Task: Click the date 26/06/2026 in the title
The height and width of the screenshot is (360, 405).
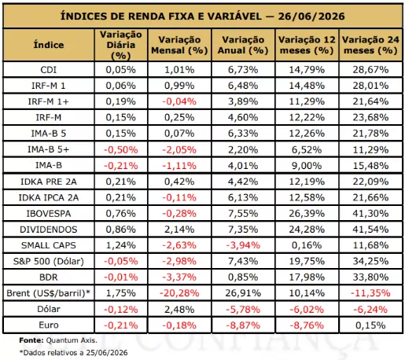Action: (311, 17)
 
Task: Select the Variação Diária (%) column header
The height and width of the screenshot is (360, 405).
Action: (121, 45)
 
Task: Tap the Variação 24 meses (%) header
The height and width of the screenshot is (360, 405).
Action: (370, 45)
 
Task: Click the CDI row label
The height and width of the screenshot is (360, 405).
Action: (49, 70)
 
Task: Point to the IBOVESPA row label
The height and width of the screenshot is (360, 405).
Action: (49, 214)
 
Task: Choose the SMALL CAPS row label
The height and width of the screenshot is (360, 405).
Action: (49, 245)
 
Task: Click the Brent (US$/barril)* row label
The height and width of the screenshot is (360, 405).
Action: (48, 293)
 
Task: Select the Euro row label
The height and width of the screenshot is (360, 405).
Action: (49, 325)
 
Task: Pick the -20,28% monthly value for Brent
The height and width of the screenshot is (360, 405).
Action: (179, 293)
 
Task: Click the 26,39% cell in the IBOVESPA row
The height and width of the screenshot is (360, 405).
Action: (307, 214)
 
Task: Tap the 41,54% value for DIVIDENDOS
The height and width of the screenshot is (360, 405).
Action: (370, 230)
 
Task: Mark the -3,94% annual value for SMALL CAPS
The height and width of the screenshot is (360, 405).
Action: (243, 245)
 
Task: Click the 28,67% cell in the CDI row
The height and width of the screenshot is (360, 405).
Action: (370, 70)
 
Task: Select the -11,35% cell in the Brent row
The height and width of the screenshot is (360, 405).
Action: (370, 293)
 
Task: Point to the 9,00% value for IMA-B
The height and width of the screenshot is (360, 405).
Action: (307, 166)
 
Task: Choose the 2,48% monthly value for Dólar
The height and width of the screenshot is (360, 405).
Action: (179, 310)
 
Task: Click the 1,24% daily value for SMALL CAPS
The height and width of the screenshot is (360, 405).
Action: (121, 245)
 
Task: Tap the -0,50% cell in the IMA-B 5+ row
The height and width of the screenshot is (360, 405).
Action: (121, 150)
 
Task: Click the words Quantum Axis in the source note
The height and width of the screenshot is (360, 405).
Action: (72, 340)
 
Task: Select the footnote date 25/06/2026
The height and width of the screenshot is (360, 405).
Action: (107, 353)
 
